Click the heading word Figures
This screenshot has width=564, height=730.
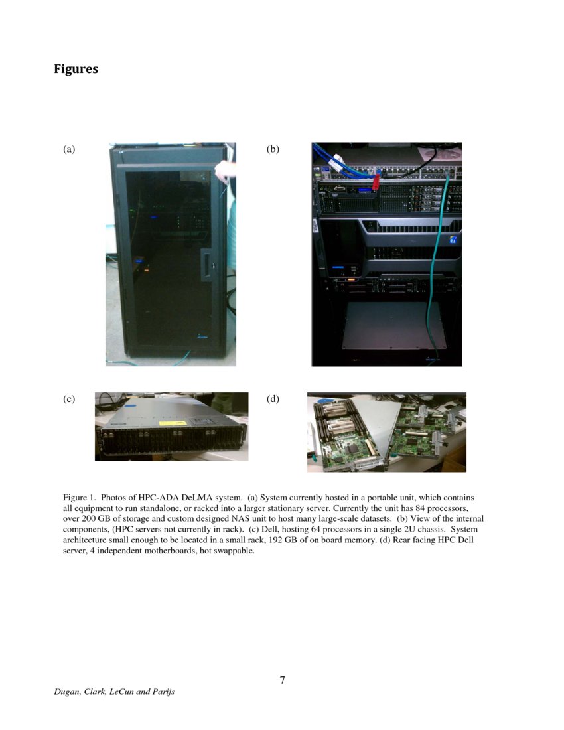coord(76,69)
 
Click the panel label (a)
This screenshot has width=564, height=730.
coord(69,150)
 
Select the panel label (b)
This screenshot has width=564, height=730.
coord(273,150)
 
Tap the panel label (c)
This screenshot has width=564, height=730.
coord(69,399)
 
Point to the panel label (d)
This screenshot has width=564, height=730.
coord(273,399)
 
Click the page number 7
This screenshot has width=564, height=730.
coord(282,680)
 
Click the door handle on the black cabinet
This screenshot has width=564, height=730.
coord(208,265)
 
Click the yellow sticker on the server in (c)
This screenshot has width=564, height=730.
coord(169,423)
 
